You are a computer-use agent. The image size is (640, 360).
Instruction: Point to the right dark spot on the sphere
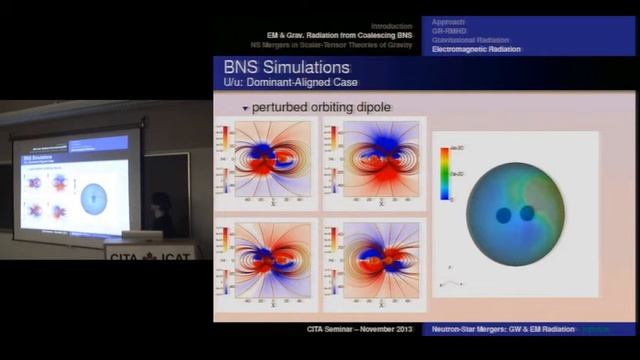pos(527,213)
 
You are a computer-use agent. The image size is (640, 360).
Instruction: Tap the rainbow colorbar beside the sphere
pos(444,174)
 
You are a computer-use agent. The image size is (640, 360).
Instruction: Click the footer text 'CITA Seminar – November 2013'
pos(354,329)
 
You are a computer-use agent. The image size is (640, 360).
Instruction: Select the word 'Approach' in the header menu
pos(449,21)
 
